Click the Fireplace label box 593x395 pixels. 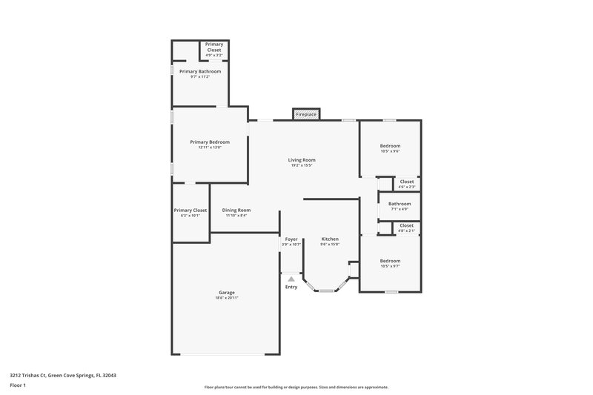(x=306, y=115)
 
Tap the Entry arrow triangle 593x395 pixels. (x=291, y=279)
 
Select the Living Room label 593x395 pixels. (x=302, y=160)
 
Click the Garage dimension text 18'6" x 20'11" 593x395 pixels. (x=226, y=298)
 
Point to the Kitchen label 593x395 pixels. (x=330, y=239)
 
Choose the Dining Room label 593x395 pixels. (x=236, y=210)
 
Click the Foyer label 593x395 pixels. (x=291, y=239)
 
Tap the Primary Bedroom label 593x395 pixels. (x=210, y=142)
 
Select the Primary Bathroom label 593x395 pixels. (x=199, y=71)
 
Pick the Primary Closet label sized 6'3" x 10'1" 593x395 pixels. (x=190, y=210)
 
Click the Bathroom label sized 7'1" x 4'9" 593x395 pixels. (x=400, y=203)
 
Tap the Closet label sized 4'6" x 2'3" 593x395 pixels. (x=407, y=182)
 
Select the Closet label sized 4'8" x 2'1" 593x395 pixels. (x=407, y=225)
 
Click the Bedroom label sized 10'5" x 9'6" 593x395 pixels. (x=390, y=146)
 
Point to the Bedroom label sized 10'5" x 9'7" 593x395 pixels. (x=390, y=261)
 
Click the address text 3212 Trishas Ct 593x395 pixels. (x=62, y=375)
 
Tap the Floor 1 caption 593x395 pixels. (x=19, y=385)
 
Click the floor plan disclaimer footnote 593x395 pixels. (x=296, y=387)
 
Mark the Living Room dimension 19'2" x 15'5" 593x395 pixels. (x=302, y=165)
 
